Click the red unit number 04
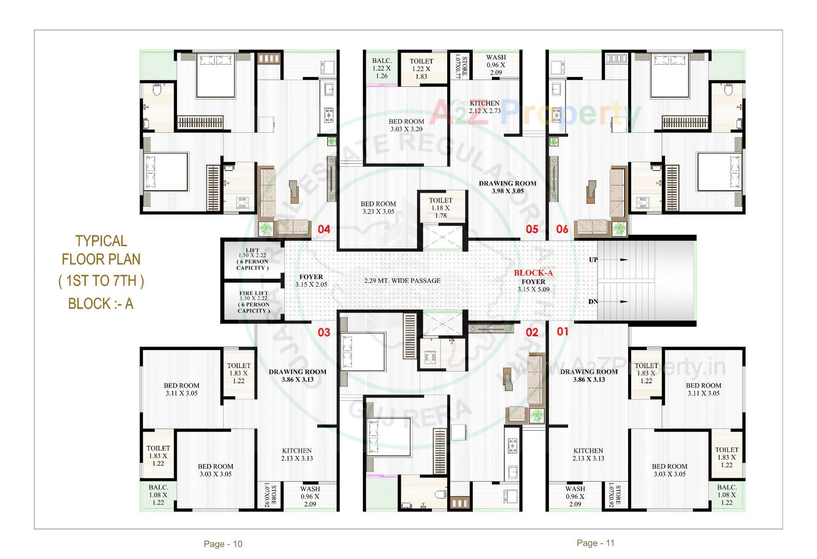coord(324,230)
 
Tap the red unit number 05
coord(532,230)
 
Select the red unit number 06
coord(562,230)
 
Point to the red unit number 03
coord(324,333)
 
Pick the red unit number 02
coord(532,333)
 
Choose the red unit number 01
coord(562,331)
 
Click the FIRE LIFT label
coord(254,293)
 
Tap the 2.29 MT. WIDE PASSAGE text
coord(402,281)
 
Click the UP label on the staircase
coord(593,260)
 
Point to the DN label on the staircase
coord(593,302)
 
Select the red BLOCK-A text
coord(533,273)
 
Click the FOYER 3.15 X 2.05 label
coord(311,281)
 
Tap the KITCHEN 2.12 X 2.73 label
coord(485,107)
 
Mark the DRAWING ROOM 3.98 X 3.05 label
coord(508,187)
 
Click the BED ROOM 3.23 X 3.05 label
coord(378,208)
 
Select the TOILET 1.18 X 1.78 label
coord(441,208)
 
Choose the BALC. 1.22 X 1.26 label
coord(382,68)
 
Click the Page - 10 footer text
coord(223,544)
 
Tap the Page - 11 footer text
coord(596,543)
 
